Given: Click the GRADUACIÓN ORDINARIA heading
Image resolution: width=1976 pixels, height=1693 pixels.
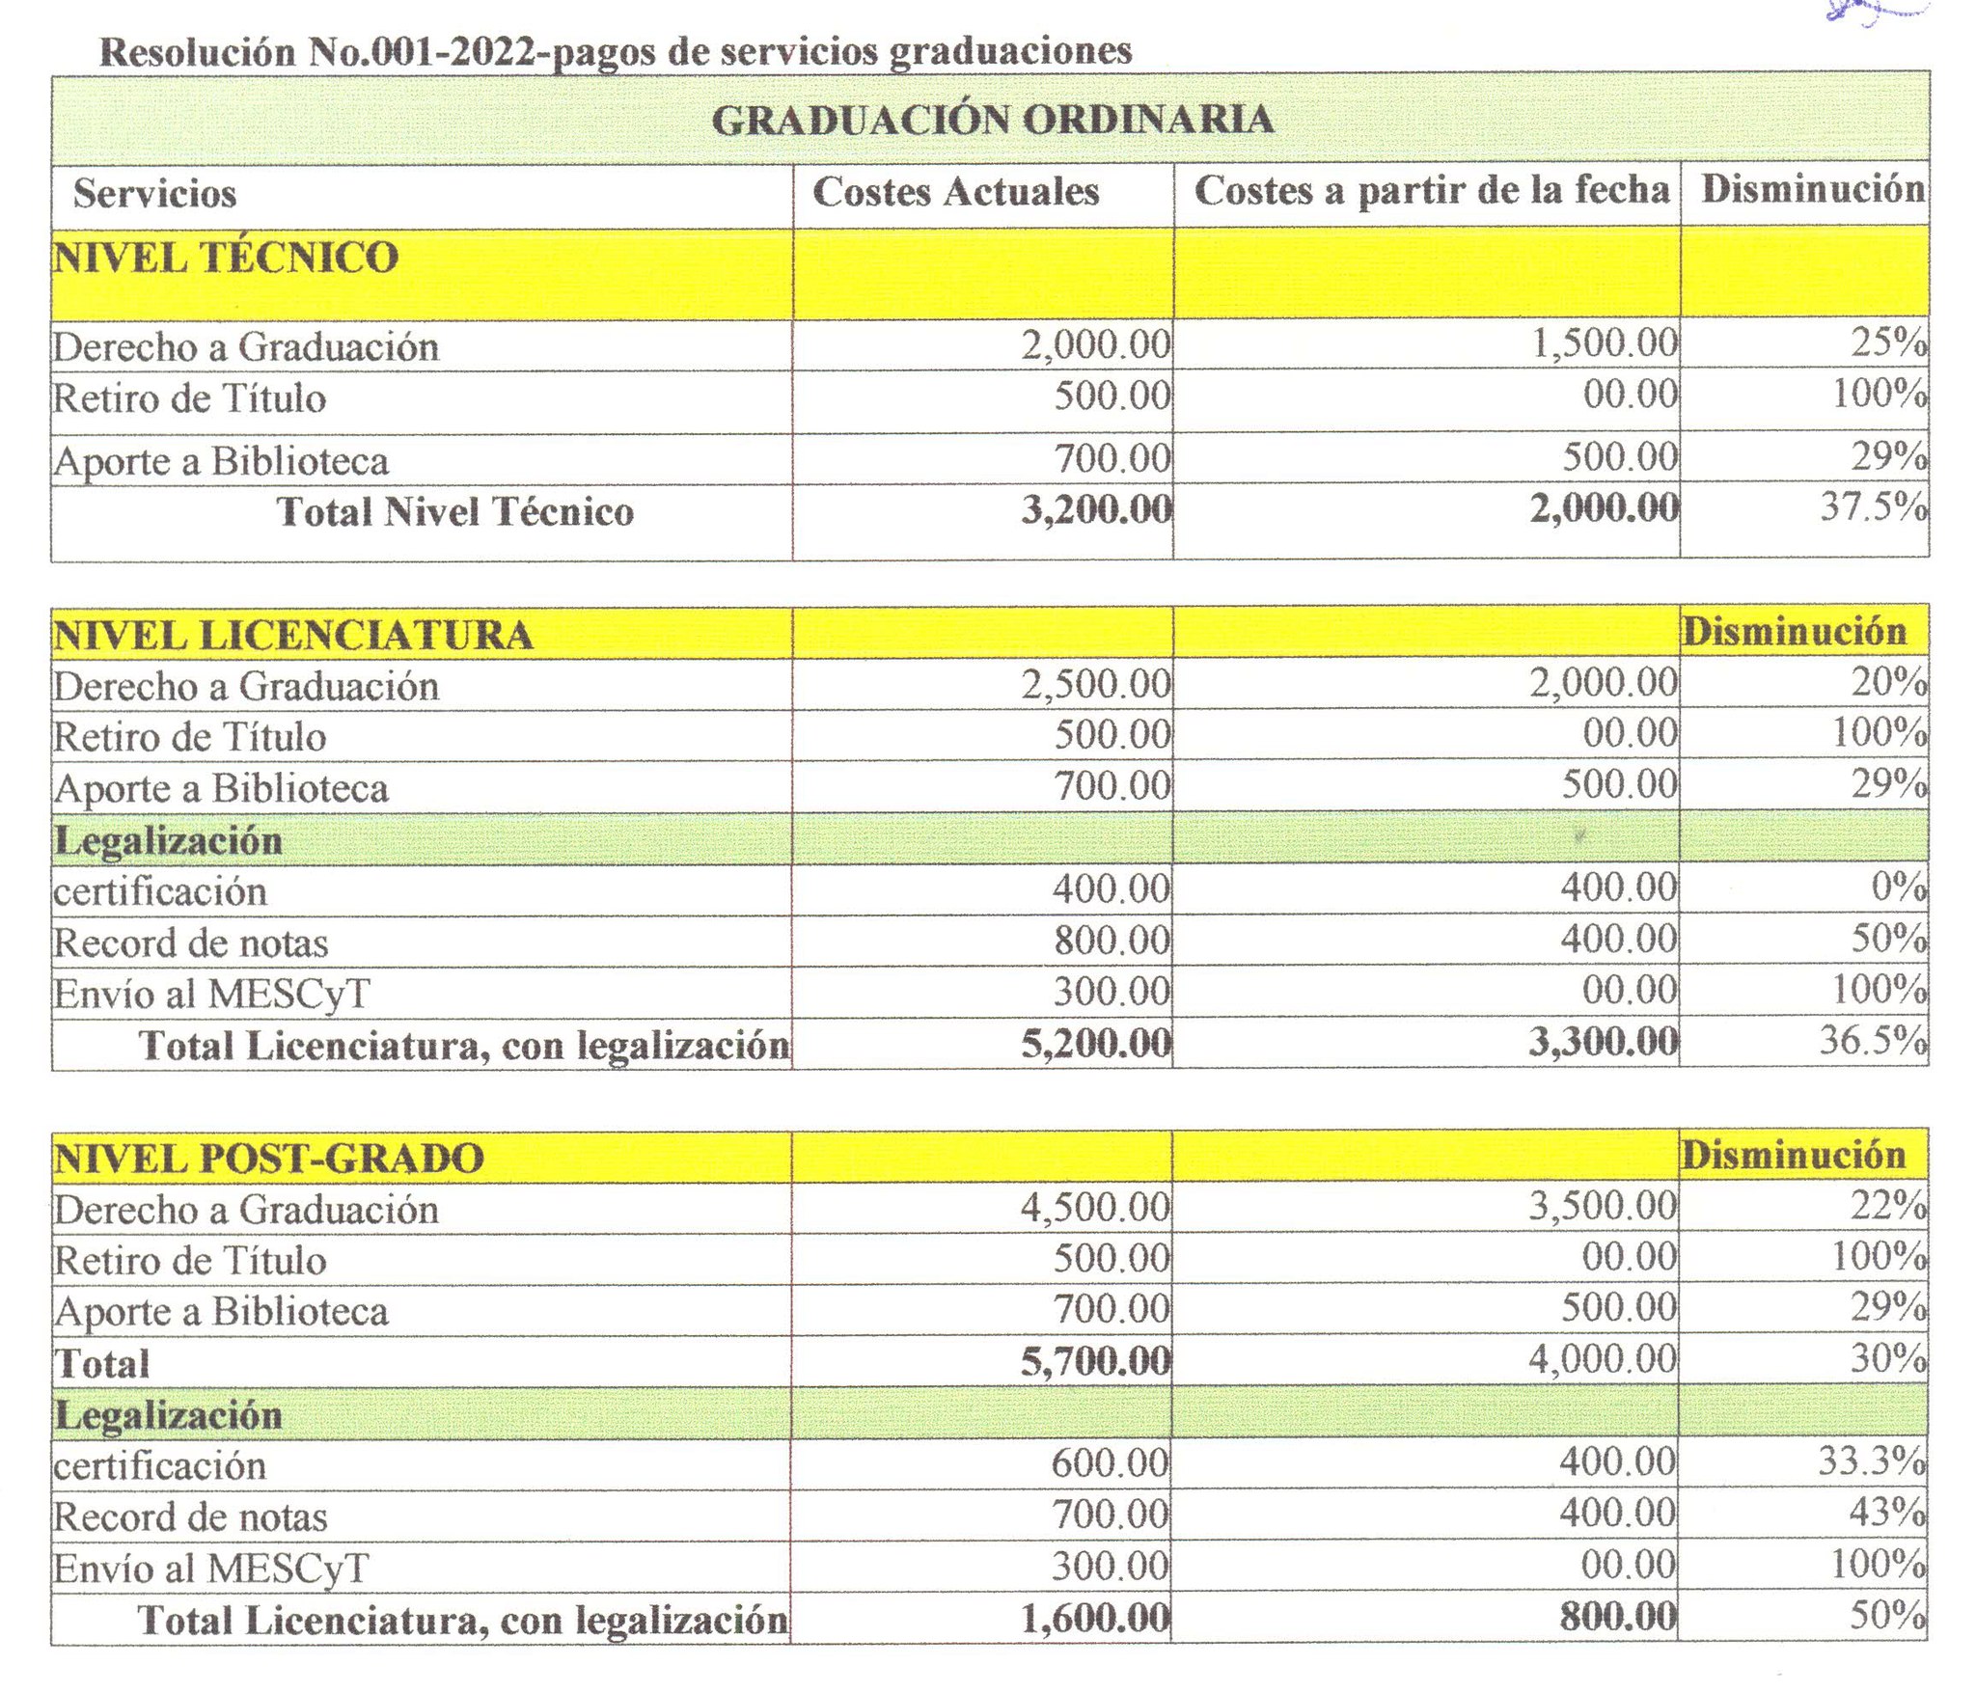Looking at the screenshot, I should pyautogui.click(x=992, y=121).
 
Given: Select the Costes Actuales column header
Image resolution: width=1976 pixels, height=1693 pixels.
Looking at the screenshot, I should pyautogui.click(x=955, y=192).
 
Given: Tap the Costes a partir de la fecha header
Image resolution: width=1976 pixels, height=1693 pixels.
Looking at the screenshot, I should pyautogui.click(x=1431, y=190).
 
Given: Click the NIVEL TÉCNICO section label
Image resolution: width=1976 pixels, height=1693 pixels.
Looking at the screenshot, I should pyautogui.click(x=226, y=258).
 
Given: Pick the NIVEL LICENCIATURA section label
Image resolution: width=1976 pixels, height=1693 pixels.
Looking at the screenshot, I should pyautogui.click(x=293, y=636).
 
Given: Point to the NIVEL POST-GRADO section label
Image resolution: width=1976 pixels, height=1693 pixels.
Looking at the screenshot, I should pyautogui.click(x=269, y=1159).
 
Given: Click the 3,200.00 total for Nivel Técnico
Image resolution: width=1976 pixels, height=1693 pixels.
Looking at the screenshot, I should pyautogui.click(x=1097, y=509).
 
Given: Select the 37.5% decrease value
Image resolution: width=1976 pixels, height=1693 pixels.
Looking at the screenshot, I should pyautogui.click(x=1873, y=506).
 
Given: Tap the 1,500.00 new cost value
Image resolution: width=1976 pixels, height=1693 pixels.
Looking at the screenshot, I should pyautogui.click(x=1605, y=343).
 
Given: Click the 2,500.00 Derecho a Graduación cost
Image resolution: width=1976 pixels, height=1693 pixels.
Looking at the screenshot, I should pyautogui.click(x=1096, y=684).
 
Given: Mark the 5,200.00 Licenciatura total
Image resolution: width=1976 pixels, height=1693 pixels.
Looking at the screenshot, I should pyautogui.click(x=1096, y=1043).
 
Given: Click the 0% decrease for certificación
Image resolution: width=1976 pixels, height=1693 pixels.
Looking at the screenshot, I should pyautogui.click(x=1898, y=887).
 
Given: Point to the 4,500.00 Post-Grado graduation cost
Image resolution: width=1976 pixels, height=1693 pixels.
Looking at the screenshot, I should pyautogui.click(x=1095, y=1208).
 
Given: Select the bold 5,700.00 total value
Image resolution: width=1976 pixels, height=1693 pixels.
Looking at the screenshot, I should pyautogui.click(x=1095, y=1361).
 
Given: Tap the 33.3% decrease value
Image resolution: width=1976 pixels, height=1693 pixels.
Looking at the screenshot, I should pyautogui.click(x=1871, y=1461).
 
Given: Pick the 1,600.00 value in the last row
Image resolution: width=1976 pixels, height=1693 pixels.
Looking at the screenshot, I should pyautogui.click(x=1095, y=1618).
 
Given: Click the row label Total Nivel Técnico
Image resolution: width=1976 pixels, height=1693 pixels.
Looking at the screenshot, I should pyautogui.click(x=455, y=512).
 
